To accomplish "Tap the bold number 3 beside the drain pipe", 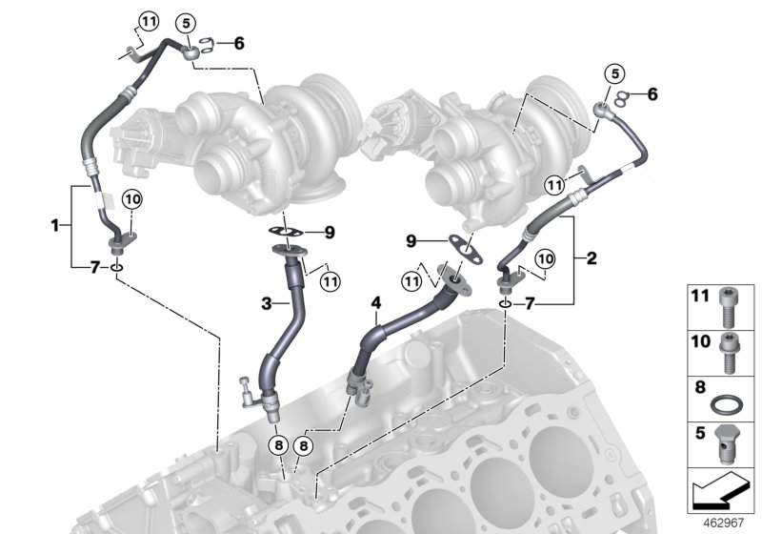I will pos(270,302).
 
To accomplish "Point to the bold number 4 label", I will pos(376,303).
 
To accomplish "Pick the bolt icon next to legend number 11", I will pos(732,304).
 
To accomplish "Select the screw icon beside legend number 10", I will pos(732,347).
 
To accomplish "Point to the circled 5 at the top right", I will pos(614,73).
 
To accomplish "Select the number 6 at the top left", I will pos(238,43).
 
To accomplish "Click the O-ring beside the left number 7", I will pos(116,269).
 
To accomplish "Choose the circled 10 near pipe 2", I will pos(544,258).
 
